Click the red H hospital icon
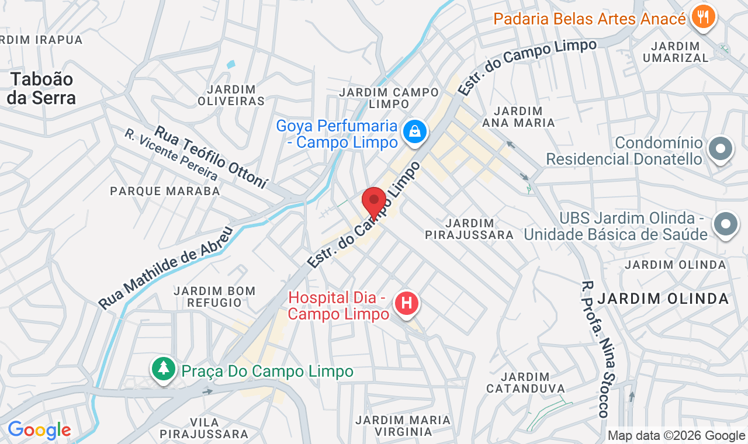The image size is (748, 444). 407,303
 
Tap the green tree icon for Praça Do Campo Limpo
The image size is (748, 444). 164,369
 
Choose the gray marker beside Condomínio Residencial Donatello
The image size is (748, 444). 721,149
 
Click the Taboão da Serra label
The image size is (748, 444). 40,88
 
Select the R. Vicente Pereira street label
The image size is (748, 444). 171,155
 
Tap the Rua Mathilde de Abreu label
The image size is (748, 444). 166,268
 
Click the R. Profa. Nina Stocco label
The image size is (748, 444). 595,349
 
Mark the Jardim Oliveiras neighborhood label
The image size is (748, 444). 231,95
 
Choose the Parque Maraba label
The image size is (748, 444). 165,191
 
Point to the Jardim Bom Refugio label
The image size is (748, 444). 214,297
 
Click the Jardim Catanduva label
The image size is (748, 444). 525,383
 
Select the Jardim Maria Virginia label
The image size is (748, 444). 403,426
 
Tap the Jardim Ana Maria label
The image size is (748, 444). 518,117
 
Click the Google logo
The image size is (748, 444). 39,431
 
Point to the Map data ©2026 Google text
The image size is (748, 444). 676,435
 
